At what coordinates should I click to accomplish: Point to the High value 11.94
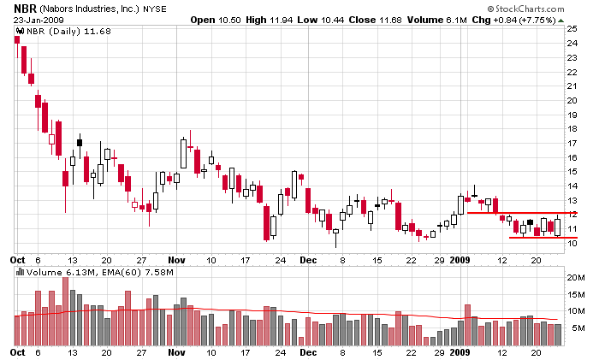point(279,20)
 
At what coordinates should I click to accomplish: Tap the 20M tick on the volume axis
point(575,278)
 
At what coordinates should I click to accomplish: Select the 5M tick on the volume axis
point(572,328)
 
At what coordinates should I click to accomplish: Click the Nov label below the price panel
point(176,258)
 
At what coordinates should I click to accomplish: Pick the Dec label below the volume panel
point(308,351)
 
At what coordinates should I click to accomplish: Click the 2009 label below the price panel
point(462,258)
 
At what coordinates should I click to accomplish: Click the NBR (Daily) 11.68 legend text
point(51,33)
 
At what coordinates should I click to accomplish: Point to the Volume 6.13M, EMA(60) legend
point(68,272)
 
